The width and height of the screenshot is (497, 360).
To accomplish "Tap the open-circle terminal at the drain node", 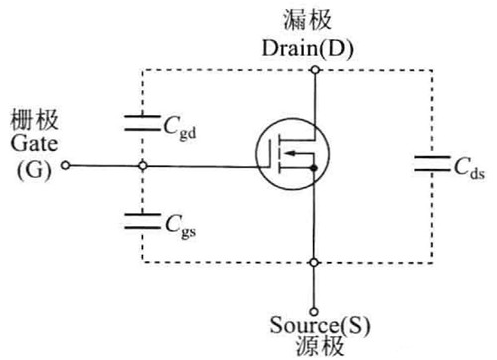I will pyautogui.click(x=314, y=69).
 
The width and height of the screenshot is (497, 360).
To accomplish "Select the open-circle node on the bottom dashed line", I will pyautogui.click(x=314, y=263).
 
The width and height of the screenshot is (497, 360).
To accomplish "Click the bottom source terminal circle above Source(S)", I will pyautogui.click(x=314, y=307).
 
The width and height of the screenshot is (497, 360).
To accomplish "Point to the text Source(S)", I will pyautogui.click(x=314, y=326).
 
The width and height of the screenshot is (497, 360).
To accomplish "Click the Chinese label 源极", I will pyautogui.click(x=314, y=347).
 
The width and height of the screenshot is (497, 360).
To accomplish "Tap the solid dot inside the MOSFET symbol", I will pyautogui.click(x=314, y=169).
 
